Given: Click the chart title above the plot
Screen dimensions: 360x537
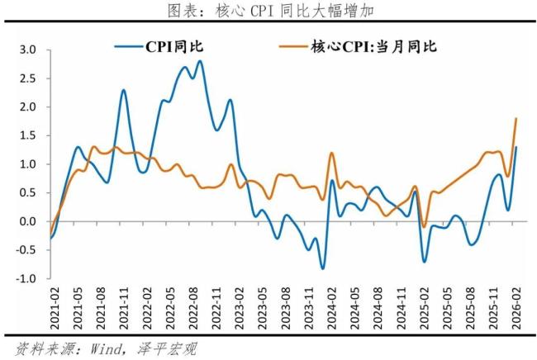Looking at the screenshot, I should [x=268, y=12].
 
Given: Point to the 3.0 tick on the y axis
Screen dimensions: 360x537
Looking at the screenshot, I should [x=27, y=50].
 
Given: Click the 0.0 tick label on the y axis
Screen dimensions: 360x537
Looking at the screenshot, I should [x=27, y=221].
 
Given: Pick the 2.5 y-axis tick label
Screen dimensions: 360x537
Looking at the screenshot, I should [x=27, y=78].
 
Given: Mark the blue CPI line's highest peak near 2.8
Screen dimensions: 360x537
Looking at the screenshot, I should [x=200, y=61].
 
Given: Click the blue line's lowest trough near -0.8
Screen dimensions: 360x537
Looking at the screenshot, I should [x=322, y=268].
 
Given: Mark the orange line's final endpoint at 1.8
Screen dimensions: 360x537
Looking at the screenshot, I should [x=516, y=118].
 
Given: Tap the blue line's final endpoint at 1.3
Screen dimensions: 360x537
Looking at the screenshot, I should [x=516, y=147].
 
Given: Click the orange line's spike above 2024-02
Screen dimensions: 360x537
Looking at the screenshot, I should [x=331, y=153].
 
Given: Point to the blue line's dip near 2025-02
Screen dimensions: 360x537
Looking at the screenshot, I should [x=425, y=262].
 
